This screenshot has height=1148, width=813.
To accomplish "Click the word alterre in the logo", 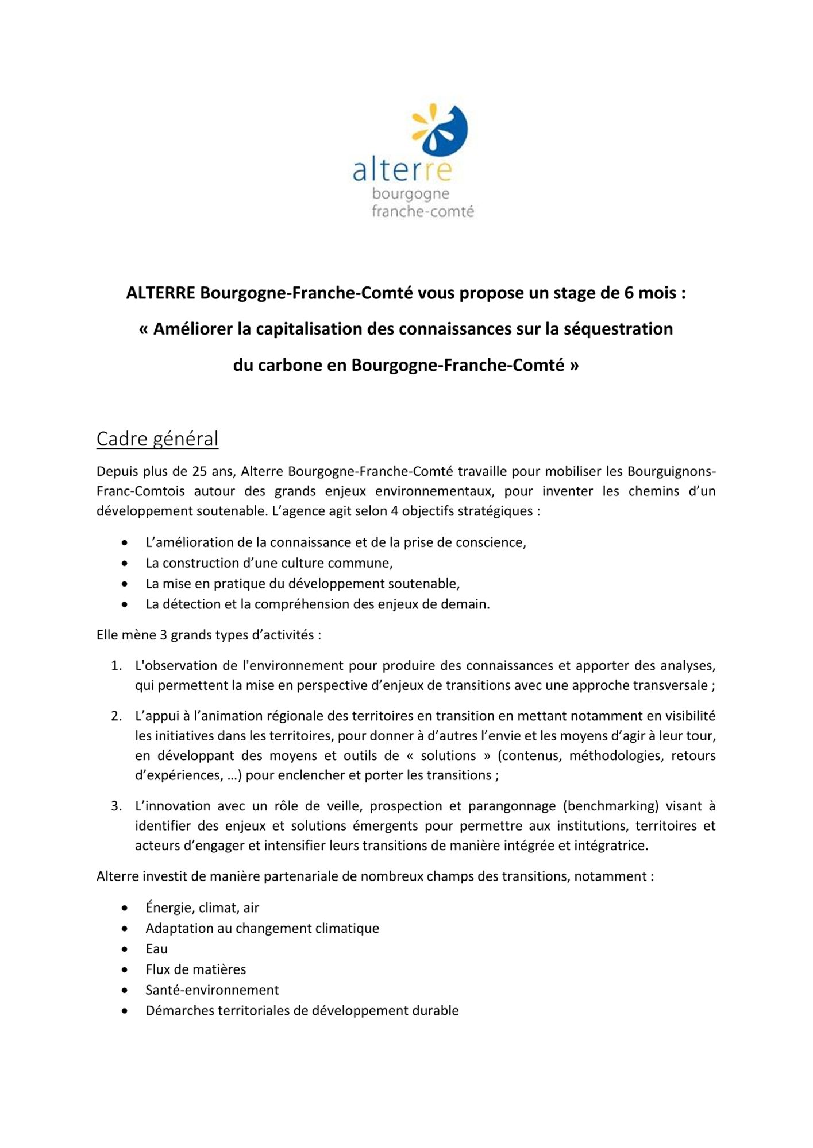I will [x=402, y=170].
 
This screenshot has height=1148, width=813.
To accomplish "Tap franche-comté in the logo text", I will [x=422, y=212].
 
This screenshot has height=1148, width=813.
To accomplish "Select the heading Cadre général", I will [x=157, y=439].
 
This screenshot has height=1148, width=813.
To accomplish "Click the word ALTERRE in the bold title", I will [x=160, y=293].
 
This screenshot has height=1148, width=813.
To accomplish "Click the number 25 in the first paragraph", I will [x=199, y=472].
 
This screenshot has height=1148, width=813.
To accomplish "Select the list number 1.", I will [x=117, y=666].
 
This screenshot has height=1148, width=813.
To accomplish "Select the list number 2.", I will [x=117, y=716].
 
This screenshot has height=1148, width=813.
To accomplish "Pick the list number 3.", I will [x=117, y=806].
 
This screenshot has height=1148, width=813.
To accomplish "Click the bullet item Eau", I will [x=156, y=949].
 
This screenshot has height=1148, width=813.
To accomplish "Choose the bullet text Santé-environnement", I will [x=212, y=990].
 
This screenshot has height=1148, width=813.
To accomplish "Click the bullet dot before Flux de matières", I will [x=125, y=970].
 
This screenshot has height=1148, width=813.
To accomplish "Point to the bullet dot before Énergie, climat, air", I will [x=125, y=908].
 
